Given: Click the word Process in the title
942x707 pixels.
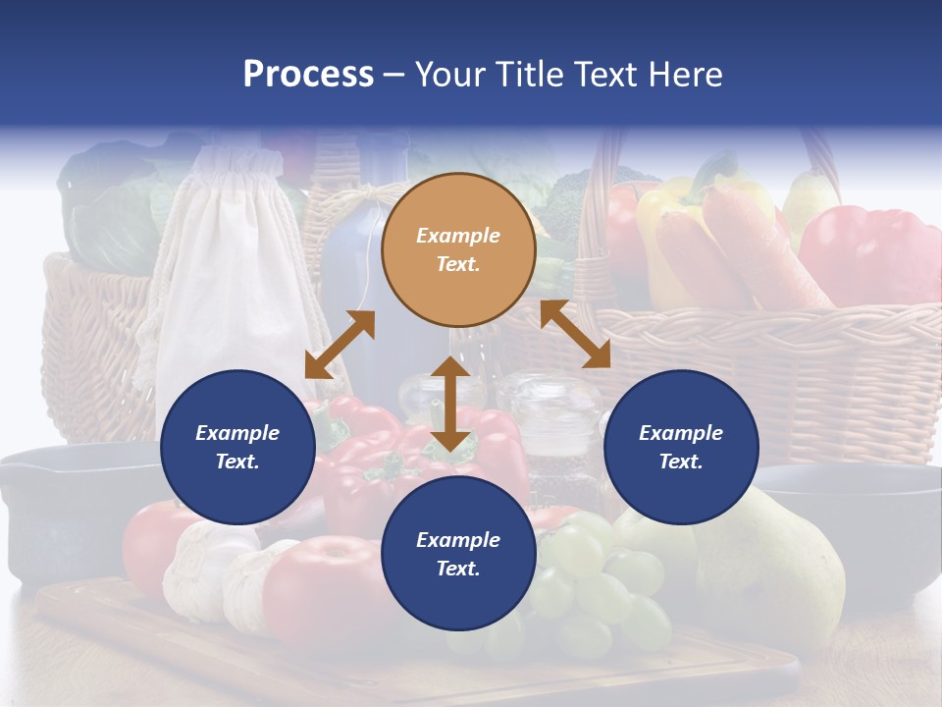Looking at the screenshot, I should click(308, 74).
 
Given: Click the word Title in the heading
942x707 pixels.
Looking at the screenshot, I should click(527, 74).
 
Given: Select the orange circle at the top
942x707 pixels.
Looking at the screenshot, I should click(458, 249).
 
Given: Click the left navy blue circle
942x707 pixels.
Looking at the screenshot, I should click(237, 447).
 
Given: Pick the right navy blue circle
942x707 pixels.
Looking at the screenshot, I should click(681, 447).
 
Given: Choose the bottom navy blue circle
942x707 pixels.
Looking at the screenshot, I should click(458, 554).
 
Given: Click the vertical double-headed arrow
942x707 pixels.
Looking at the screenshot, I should click(450, 404).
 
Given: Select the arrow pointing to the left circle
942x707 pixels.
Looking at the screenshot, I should click(340, 345).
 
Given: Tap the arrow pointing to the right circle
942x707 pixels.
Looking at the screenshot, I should click(575, 334).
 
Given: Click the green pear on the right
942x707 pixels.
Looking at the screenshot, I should click(775, 560).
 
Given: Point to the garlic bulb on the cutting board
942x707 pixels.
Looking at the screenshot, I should click(201, 570).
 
